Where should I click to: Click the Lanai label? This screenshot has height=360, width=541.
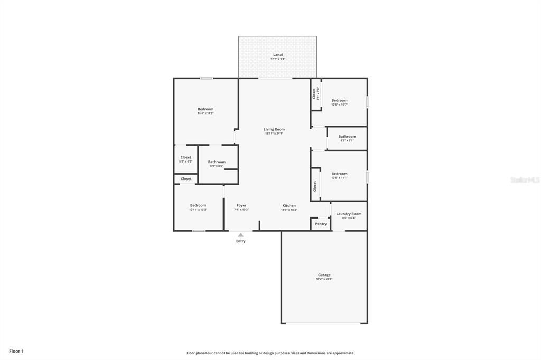pos(278,55)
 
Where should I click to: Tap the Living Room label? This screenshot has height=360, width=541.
pos(274,129)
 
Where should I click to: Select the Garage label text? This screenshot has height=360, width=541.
pos(324,274)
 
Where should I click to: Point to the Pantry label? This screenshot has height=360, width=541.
pos(321,224)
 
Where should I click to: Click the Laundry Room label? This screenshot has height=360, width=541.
pos(349,214)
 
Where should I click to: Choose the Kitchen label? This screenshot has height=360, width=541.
pos(289,205)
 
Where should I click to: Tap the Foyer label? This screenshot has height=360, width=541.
pos(241,205)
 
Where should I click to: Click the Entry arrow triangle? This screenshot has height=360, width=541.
pos(241,235)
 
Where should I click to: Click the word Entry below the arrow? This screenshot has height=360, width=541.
pos(241,241)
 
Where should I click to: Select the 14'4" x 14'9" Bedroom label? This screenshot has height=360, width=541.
pos(206,109)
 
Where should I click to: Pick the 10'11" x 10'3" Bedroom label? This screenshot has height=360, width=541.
pos(198,205)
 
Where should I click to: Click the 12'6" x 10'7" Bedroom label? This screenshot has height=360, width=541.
pos(339,100)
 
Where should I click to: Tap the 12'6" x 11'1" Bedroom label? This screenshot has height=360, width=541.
pos(339,174)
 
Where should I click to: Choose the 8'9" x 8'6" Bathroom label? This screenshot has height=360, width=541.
pos(217,162)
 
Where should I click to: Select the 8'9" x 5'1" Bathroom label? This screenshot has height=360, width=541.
pos(347,137)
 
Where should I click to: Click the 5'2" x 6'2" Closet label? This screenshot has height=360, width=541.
pos(186,157)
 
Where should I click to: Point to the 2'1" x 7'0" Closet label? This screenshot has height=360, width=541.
pos(314,93)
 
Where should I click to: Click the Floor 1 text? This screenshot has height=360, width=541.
pos(16,351)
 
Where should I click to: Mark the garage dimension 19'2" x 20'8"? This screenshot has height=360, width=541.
pos(324,279)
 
